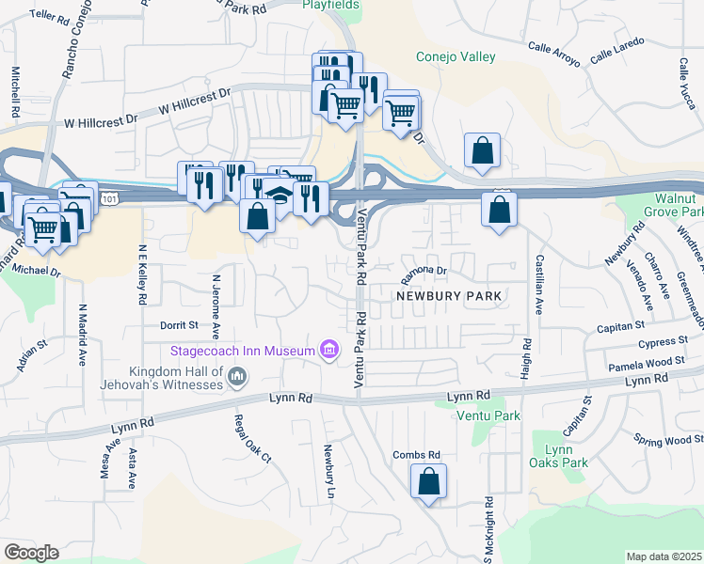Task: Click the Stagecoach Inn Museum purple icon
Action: coord(328,351)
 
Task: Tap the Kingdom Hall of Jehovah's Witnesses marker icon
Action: coord(237,378)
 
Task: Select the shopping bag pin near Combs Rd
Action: coord(428,482)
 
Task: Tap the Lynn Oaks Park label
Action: coord(559,456)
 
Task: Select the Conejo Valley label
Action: coord(456,57)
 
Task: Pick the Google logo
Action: coord(31,553)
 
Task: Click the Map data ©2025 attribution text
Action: coord(664,556)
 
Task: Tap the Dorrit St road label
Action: coord(179,324)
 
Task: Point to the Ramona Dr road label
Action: coord(423,271)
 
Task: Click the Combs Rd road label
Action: coord(417,455)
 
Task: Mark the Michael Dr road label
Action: coord(37,271)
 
